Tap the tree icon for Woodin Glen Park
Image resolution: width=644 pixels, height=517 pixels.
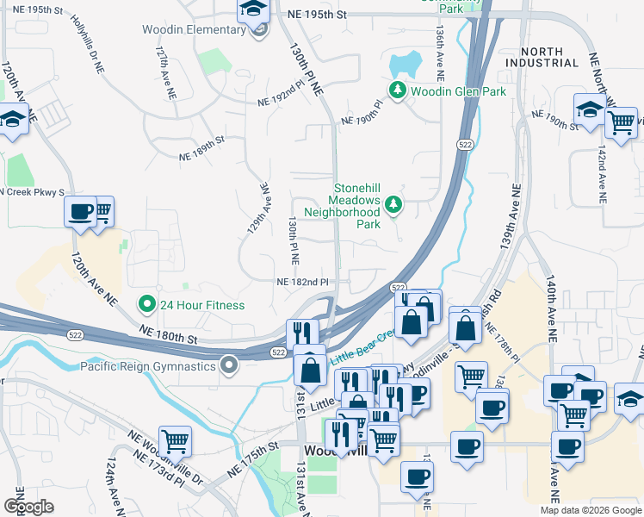click(x=397, y=90)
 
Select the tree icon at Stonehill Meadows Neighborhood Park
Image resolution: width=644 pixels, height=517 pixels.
click(x=393, y=204)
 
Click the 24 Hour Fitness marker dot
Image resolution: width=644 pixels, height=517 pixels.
click(x=147, y=304)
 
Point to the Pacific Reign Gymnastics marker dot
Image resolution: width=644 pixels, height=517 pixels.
click(x=229, y=366)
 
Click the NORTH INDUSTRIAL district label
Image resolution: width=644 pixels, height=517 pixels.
click(x=542, y=57)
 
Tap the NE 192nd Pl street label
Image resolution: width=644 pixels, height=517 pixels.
click(x=282, y=101)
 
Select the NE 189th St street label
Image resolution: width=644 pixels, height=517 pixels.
click(x=201, y=146)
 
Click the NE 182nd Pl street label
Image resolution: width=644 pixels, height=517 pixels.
click(x=302, y=282)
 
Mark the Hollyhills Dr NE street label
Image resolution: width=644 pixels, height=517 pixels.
click(x=88, y=42)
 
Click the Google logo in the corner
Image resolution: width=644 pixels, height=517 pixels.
click(x=28, y=506)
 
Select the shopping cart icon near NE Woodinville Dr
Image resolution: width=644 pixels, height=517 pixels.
click(x=175, y=440)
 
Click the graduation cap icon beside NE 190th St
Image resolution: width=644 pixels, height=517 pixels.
click(x=590, y=109)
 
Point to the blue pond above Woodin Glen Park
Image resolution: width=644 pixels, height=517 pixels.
click(x=405, y=63)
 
